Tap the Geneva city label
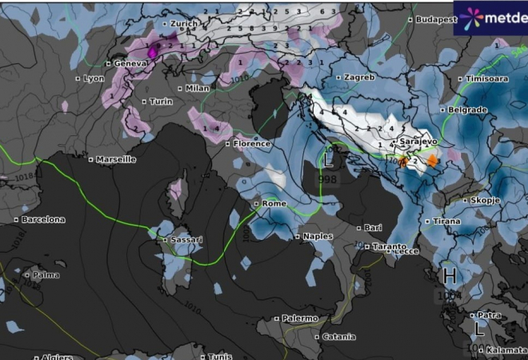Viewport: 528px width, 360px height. click(x=133, y=63)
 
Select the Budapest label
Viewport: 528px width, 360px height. click(x=437, y=18)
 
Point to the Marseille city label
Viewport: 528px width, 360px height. click(x=116, y=159)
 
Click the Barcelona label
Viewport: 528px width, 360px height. click(x=43, y=219)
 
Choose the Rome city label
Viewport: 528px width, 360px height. click(x=274, y=204)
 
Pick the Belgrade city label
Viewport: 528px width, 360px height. click(x=468, y=110)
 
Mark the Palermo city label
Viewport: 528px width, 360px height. click(x=300, y=318)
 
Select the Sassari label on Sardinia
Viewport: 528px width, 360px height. click(x=186, y=240)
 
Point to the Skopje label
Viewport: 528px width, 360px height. click(x=485, y=200)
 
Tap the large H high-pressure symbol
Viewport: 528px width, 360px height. click(x=450, y=277)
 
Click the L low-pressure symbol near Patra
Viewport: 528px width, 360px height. click(x=479, y=329)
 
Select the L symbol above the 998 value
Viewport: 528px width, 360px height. click(x=329, y=158)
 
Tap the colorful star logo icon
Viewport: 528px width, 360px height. click(x=469, y=16)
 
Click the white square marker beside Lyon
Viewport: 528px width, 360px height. click(x=78, y=78)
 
